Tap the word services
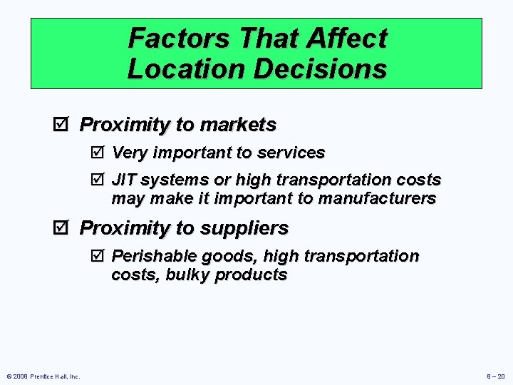point(291,153)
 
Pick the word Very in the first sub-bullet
point(129,153)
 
